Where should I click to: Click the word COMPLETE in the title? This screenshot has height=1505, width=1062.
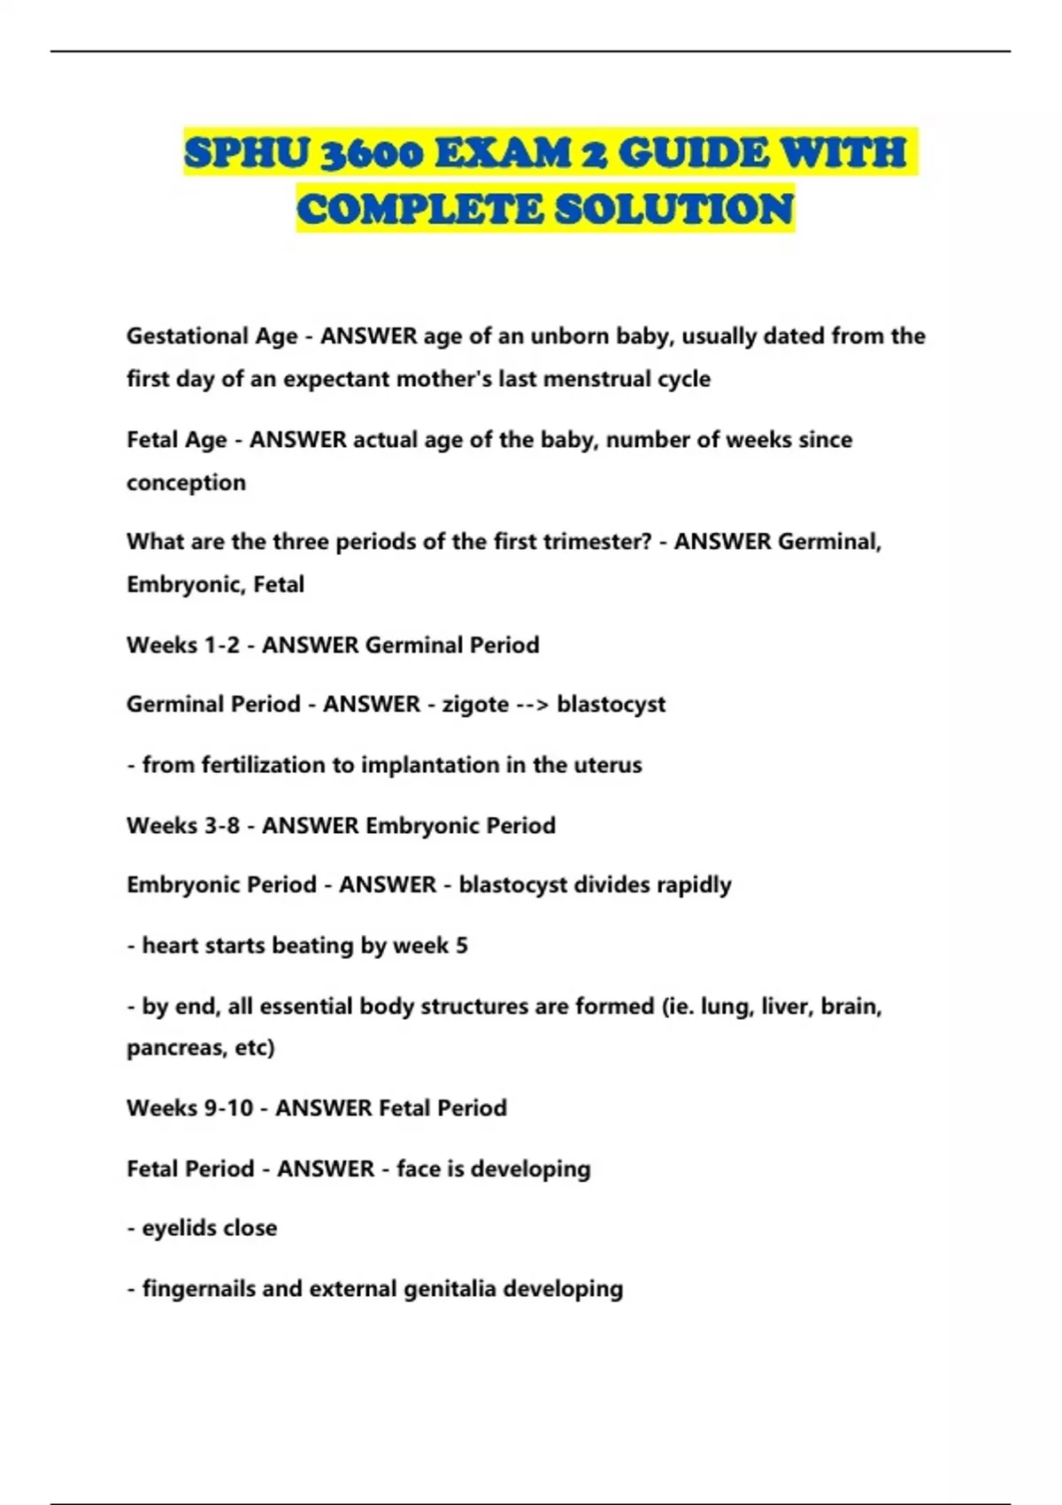coord(419,210)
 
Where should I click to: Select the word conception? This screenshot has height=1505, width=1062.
coord(186,483)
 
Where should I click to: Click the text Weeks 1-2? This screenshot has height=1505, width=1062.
coord(183,645)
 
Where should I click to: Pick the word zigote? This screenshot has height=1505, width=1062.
coord(475,705)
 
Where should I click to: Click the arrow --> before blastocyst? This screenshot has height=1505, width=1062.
coord(533,705)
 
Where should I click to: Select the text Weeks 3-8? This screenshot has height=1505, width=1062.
coord(183,826)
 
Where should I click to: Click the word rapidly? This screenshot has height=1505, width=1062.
coord(694,885)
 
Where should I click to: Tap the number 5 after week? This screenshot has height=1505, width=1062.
coord(461,945)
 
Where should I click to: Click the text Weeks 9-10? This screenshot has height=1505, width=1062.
coord(189,1108)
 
